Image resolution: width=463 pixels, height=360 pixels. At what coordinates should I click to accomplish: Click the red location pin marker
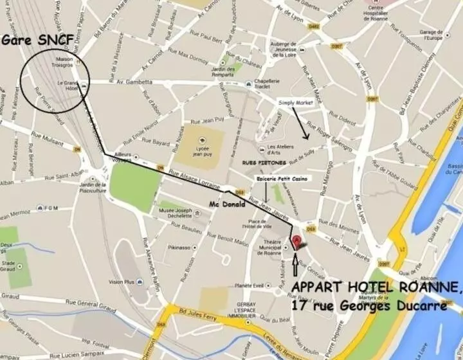(x=296, y=242)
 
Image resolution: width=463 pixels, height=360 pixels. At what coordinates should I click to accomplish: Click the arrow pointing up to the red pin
(x=296, y=265)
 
